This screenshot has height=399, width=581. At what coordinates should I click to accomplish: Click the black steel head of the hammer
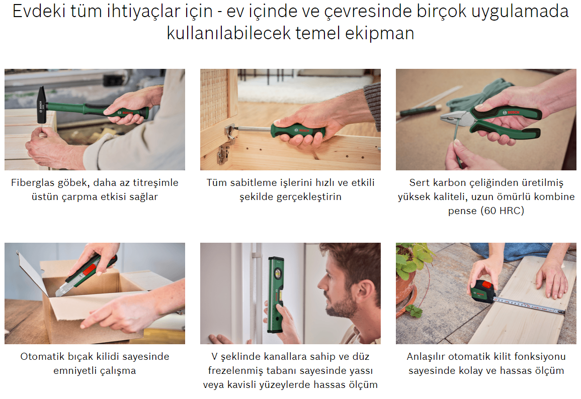(x=42, y=105)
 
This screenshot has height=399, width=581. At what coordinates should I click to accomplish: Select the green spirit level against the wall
(x=276, y=294)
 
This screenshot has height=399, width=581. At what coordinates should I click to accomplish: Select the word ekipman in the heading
(x=380, y=33)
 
